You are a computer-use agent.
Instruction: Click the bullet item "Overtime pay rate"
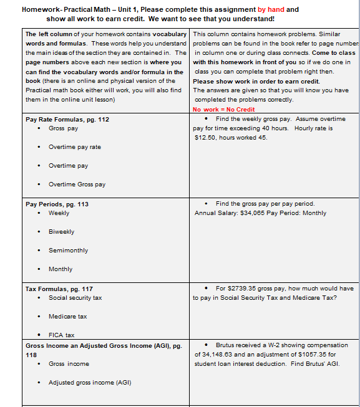74,147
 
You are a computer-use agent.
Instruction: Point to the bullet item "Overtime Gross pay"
77,184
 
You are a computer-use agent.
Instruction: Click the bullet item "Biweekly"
61,232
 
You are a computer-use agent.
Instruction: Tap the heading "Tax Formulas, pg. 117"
59,289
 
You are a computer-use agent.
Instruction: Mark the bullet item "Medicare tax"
67,317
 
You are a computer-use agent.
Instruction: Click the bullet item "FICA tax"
61,335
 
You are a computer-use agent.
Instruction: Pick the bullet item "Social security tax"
75,298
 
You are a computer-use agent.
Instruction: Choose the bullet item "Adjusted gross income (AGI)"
90,383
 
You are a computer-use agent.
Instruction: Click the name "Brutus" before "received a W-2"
225,345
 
